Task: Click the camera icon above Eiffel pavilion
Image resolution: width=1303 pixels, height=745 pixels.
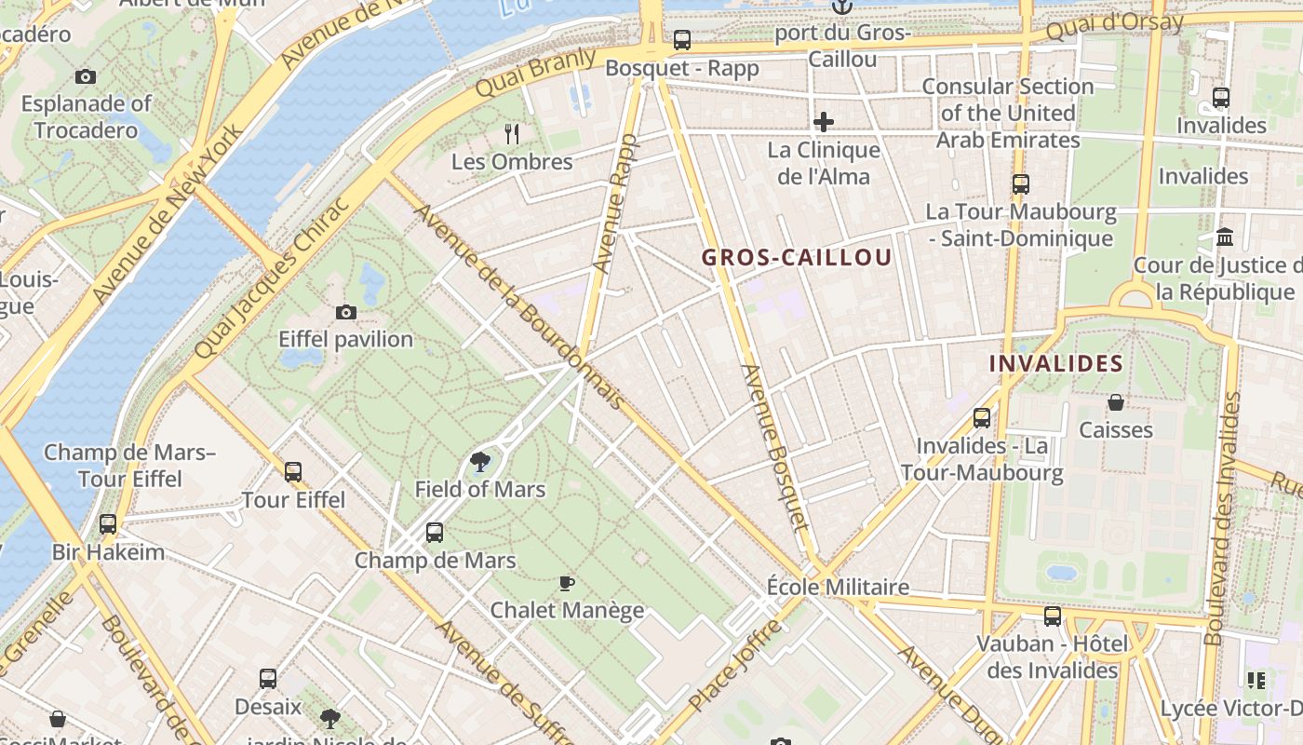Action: [x=345, y=312]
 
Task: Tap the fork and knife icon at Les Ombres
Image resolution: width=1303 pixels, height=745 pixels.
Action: [x=512, y=133]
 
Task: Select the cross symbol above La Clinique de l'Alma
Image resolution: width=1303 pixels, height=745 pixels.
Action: [x=823, y=122]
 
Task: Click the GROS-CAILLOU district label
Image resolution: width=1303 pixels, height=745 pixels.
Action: [x=797, y=258]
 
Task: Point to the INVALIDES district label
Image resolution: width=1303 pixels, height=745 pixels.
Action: [x=1055, y=364]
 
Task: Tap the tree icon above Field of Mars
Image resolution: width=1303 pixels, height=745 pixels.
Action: [x=479, y=461]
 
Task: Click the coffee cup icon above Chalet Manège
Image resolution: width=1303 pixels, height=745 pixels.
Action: [x=566, y=584]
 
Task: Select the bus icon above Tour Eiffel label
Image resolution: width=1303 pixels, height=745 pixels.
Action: [x=293, y=472]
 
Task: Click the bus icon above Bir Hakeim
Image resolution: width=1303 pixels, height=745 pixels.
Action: [x=108, y=524]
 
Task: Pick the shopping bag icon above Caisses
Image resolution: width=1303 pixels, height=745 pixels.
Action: [x=1115, y=402]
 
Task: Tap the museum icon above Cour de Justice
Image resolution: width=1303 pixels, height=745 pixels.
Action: [x=1225, y=237]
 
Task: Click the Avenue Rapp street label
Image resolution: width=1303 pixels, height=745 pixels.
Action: [x=616, y=204]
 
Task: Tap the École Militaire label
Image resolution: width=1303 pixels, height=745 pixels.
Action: [x=838, y=588]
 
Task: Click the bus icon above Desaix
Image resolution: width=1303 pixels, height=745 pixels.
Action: [x=268, y=679]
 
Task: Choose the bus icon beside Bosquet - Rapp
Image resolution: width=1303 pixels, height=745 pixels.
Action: [x=682, y=40]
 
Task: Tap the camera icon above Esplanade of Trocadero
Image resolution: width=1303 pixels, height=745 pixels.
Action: [x=86, y=76]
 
